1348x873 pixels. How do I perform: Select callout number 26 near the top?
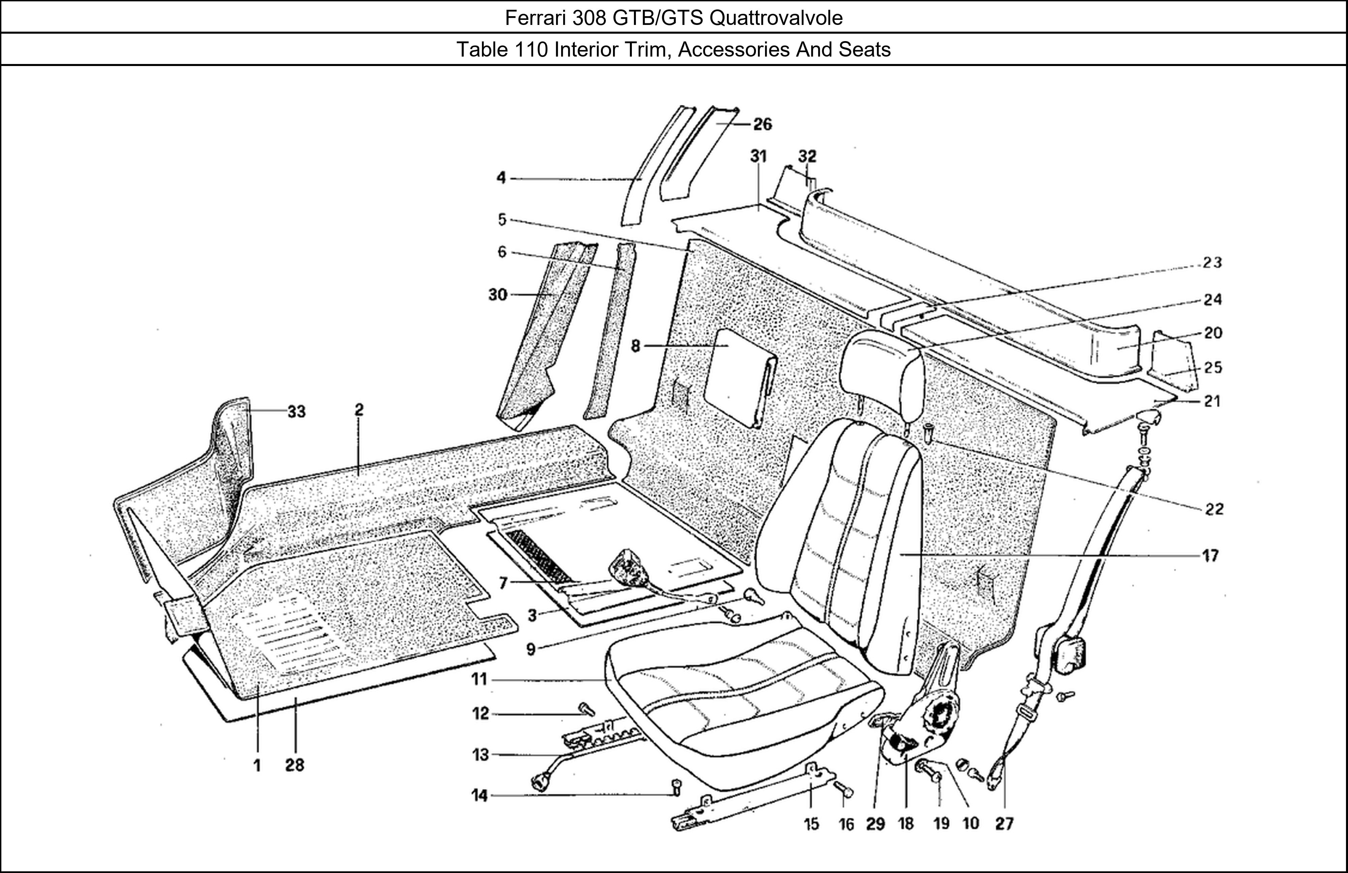click(762, 125)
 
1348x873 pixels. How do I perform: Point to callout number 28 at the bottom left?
click(295, 766)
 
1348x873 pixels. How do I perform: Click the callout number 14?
click(479, 796)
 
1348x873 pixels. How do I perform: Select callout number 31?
click(758, 156)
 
